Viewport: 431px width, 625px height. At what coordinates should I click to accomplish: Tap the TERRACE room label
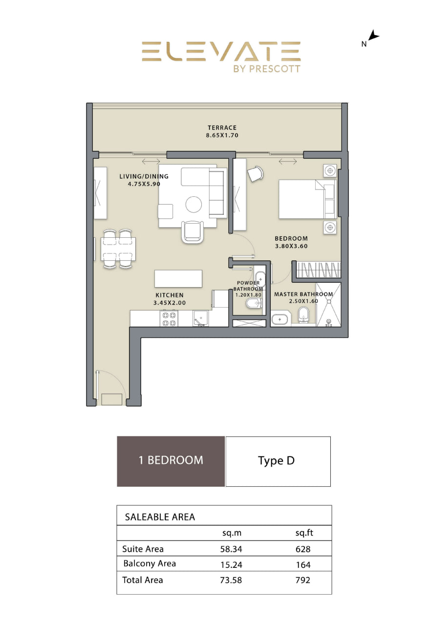[x=222, y=128]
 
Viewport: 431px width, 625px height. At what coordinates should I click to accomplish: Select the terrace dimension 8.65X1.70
[x=222, y=136]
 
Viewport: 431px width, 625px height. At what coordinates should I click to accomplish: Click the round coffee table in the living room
[x=194, y=204]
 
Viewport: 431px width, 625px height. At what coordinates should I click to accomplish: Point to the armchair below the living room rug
[x=193, y=232]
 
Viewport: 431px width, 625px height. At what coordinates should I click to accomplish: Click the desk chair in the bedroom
[x=255, y=174]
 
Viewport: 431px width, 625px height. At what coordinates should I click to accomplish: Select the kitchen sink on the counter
[x=200, y=318]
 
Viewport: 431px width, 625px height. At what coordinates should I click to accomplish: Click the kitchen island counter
[x=178, y=278]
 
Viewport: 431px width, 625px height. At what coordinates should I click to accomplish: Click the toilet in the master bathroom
[x=303, y=315]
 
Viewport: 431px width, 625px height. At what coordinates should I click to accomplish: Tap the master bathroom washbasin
[x=280, y=319]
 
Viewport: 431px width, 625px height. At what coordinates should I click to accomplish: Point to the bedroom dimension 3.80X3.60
[x=291, y=246]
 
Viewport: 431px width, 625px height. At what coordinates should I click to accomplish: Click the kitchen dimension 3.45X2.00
[x=170, y=303]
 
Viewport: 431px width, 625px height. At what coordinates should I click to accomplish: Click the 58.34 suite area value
[x=231, y=549]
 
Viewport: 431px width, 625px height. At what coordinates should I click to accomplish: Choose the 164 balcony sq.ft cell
[x=303, y=565]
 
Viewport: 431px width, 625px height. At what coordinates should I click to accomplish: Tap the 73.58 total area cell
[x=231, y=580]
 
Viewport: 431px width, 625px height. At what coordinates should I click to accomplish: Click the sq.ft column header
[x=304, y=533]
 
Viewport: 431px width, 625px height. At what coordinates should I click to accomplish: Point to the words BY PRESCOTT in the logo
[x=267, y=69]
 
